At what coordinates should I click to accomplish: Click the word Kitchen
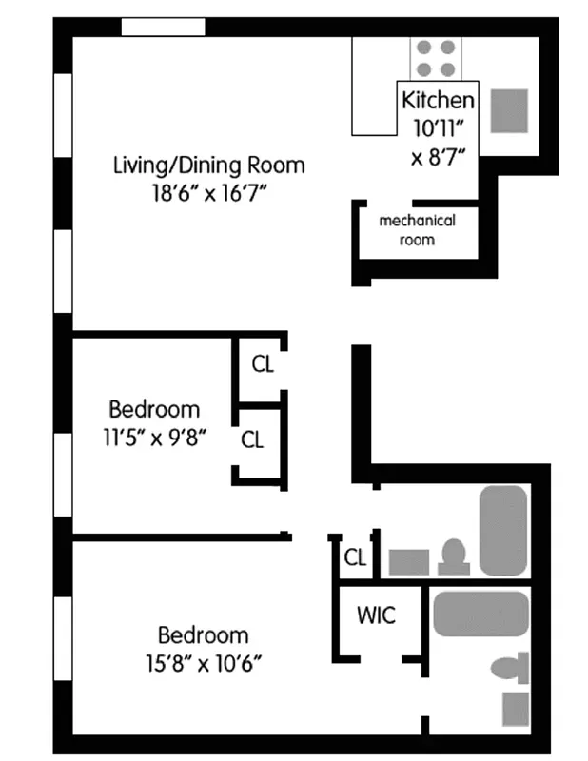(x=437, y=99)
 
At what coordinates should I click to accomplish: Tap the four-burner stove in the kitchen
(x=436, y=57)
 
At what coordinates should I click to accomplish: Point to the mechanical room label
(x=417, y=230)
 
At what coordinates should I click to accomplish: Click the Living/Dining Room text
(x=208, y=165)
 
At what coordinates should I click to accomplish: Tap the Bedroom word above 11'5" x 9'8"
(x=154, y=410)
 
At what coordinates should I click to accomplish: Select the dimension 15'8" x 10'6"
(x=203, y=662)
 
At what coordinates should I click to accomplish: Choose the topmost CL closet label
(x=263, y=363)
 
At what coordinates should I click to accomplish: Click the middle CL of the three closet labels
(x=251, y=439)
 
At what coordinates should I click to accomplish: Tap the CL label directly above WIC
(x=355, y=557)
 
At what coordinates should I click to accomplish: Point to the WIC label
(x=376, y=615)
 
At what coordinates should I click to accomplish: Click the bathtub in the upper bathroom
(x=502, y=529)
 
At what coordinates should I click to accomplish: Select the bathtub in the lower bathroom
(x=480, y=614)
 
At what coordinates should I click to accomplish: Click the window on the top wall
(x=163, y=26)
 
